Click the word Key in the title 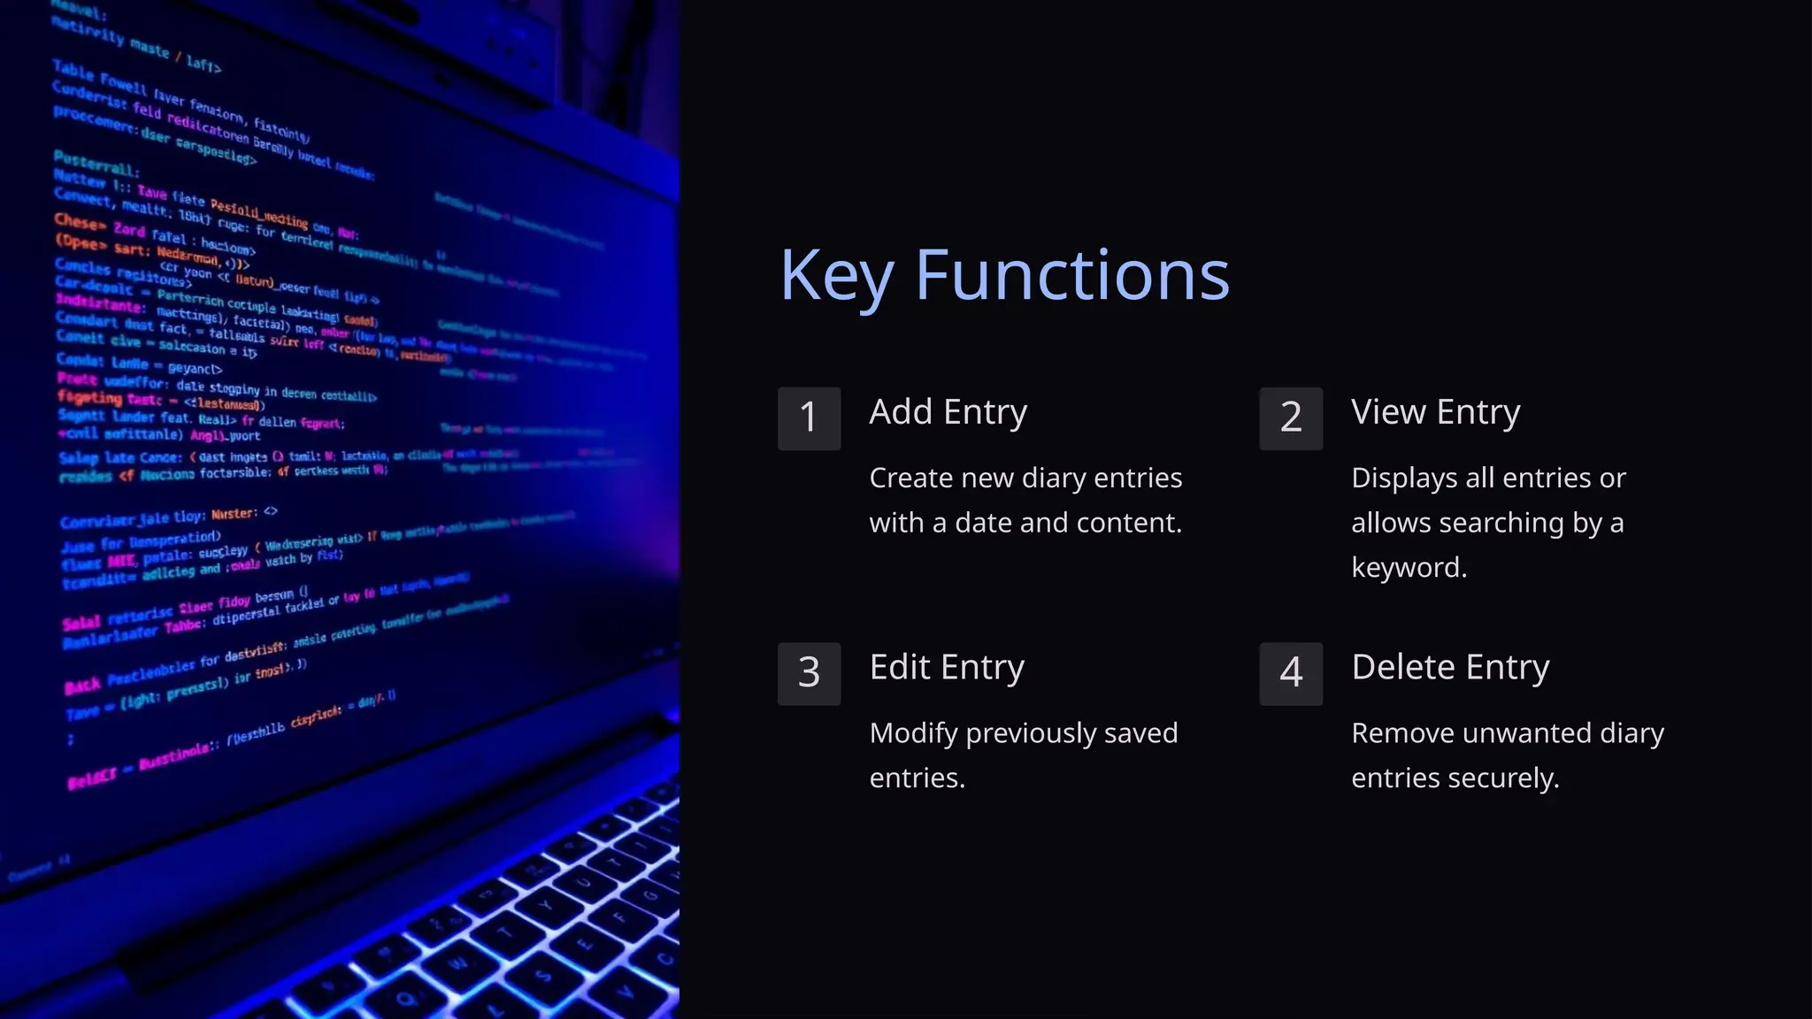(x=836, y=276)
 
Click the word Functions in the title (x=1072, y=276)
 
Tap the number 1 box (x=809, y=418)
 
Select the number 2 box (x=1291, y=418)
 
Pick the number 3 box (x=809, y=673)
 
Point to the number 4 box (x=1291, y=673)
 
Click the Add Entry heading (x=948, y=412)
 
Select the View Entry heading (x=1435, y=412)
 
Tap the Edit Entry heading (x=947, y=667)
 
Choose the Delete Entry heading (x=1450, y=667)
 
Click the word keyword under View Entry (x=1409, y=567)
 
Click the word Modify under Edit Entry (x=913, y=733)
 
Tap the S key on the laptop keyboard (x=543, y=976)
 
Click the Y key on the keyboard (x=547, y=906)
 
